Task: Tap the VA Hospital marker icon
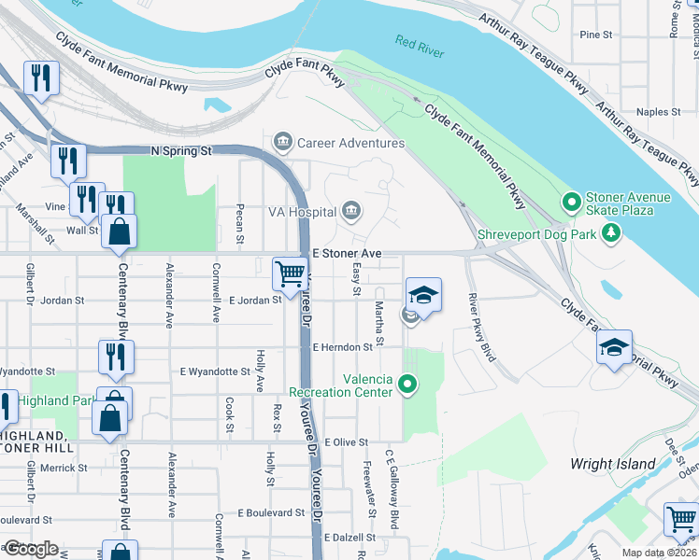[x=351, y=212]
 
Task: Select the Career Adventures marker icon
[x=282, y=143]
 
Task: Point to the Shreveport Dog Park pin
[x=612, y=233]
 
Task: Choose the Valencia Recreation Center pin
[x=407, y=384]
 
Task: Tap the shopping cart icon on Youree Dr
[x=289, y=274]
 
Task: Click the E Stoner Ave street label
[x=347, y=253]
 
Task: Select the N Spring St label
[x=182, y=149]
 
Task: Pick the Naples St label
[x=652, y=111]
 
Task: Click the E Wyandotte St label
[x=214, y=371]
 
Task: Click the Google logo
[x=31, y=549]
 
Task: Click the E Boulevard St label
[x=271, y=512]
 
